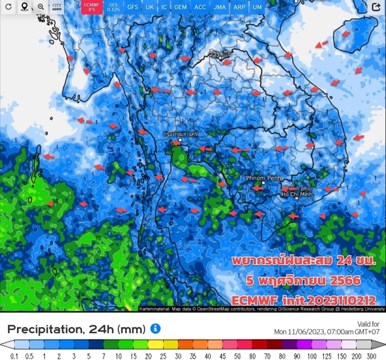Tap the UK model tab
click(149, 7)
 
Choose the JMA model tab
click(219, 7)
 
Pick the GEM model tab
click(180, 7)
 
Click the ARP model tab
click(239, 7)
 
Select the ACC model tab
click(200, 7)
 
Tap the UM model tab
click(257, 7)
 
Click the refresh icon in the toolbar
click(8, 7)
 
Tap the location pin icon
click(24, 7)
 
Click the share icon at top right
click(376, 7)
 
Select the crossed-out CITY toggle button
click(56, 7)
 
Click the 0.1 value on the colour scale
click(14, 356)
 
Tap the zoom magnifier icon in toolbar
click(41, 7)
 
